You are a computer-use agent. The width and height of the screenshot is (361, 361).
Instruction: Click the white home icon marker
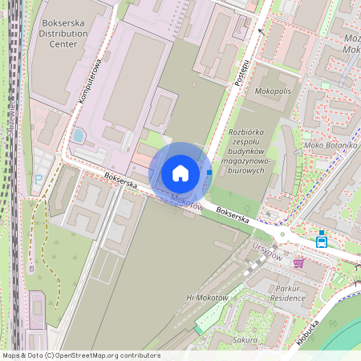(x=180, y=173)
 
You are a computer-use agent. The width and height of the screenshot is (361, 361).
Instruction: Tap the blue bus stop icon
(x=322, y=240)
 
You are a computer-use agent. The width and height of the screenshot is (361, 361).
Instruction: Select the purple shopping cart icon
(x=298, y=262)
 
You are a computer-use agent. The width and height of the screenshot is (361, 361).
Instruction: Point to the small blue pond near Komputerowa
(x=78, y=136)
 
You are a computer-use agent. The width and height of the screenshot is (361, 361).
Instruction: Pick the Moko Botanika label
(x=330, y=146)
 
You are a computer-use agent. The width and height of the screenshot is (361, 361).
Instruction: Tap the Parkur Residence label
(x=288, y=293)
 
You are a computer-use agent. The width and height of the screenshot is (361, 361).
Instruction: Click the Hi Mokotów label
(x=208, y=298)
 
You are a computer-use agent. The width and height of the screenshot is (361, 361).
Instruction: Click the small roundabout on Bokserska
(x=282, y=234)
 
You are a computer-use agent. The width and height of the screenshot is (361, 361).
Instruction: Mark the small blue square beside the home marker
(x=209, y=172)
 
